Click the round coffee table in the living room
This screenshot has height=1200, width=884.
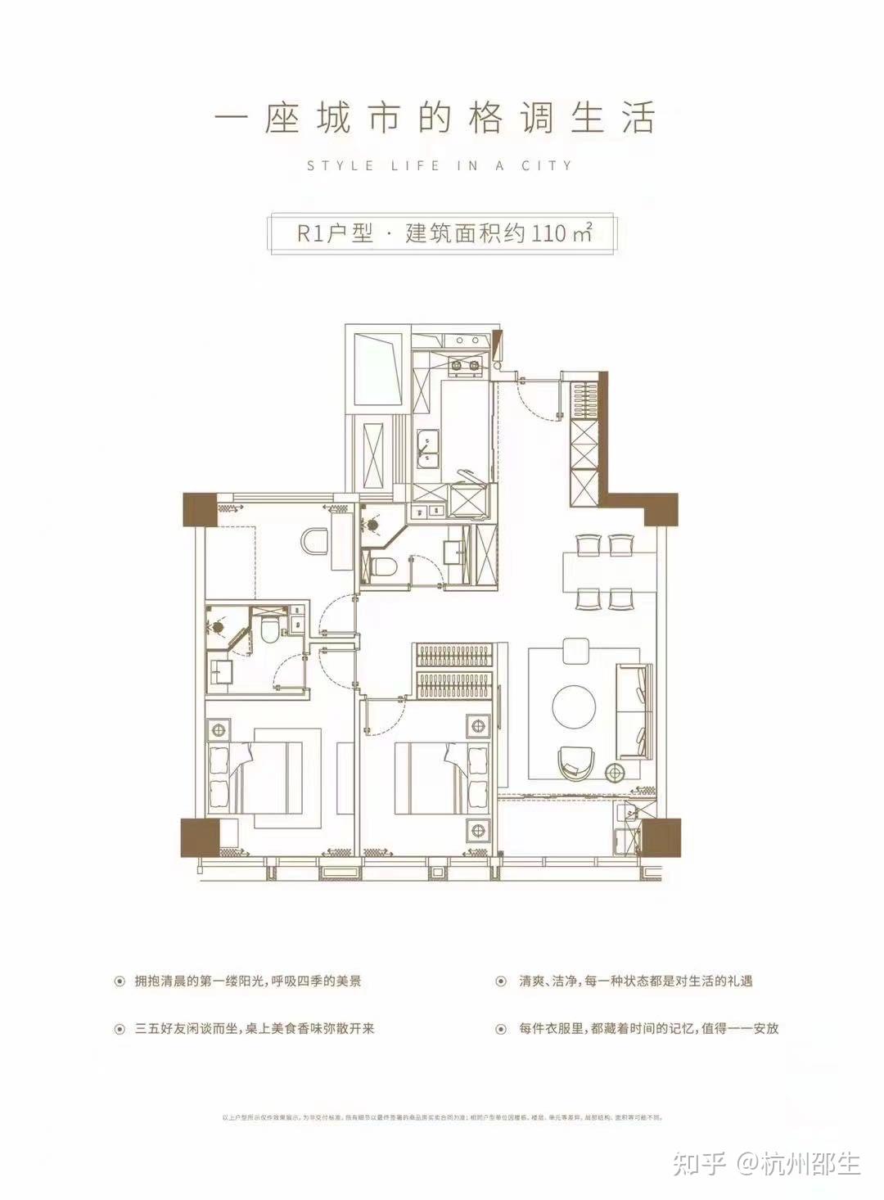coord(578,705)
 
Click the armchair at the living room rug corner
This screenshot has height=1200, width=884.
coord(574,761)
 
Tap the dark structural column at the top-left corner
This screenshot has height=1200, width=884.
coord(199,510)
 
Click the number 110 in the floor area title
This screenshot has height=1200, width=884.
coord(548,233)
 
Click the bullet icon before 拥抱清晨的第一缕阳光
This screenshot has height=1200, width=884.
coord(120,980)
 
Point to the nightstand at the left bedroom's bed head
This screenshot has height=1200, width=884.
coord(219,729)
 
